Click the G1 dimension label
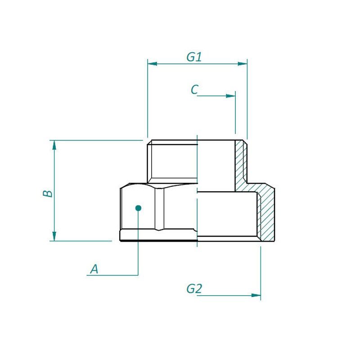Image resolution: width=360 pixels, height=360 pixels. [x=194, y=57]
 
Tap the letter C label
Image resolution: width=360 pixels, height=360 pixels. [x=194, y=90]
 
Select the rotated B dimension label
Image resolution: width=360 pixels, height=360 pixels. [x=48, y=193]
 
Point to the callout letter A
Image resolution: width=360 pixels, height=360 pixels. [x=94, y=269]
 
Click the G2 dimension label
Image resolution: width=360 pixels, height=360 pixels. [x=194, y=288]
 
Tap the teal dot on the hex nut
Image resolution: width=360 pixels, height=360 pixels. [x=138, y=208]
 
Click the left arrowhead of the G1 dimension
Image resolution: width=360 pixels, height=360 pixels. [x=152, y=63]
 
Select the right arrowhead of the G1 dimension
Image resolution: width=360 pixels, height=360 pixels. [x=243, y=63]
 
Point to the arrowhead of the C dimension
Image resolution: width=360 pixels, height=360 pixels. [x=231, y=96]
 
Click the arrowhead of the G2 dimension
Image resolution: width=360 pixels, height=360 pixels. [x=256, y=295]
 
